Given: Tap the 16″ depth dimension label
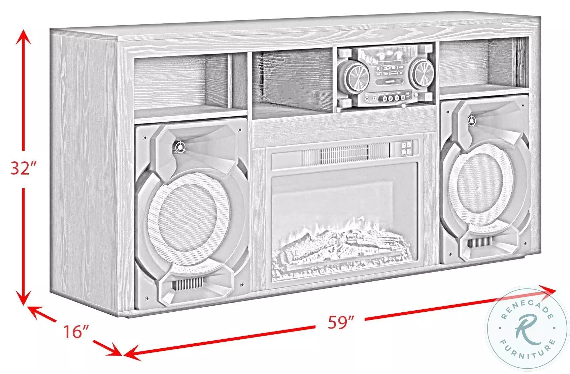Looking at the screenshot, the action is click(75, 332).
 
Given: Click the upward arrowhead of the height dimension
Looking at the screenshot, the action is click(24, 37).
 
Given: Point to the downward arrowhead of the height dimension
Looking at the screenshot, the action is click(24, 298).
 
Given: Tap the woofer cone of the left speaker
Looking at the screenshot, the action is click(189, 219).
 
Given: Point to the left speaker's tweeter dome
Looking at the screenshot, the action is click(180, 147).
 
